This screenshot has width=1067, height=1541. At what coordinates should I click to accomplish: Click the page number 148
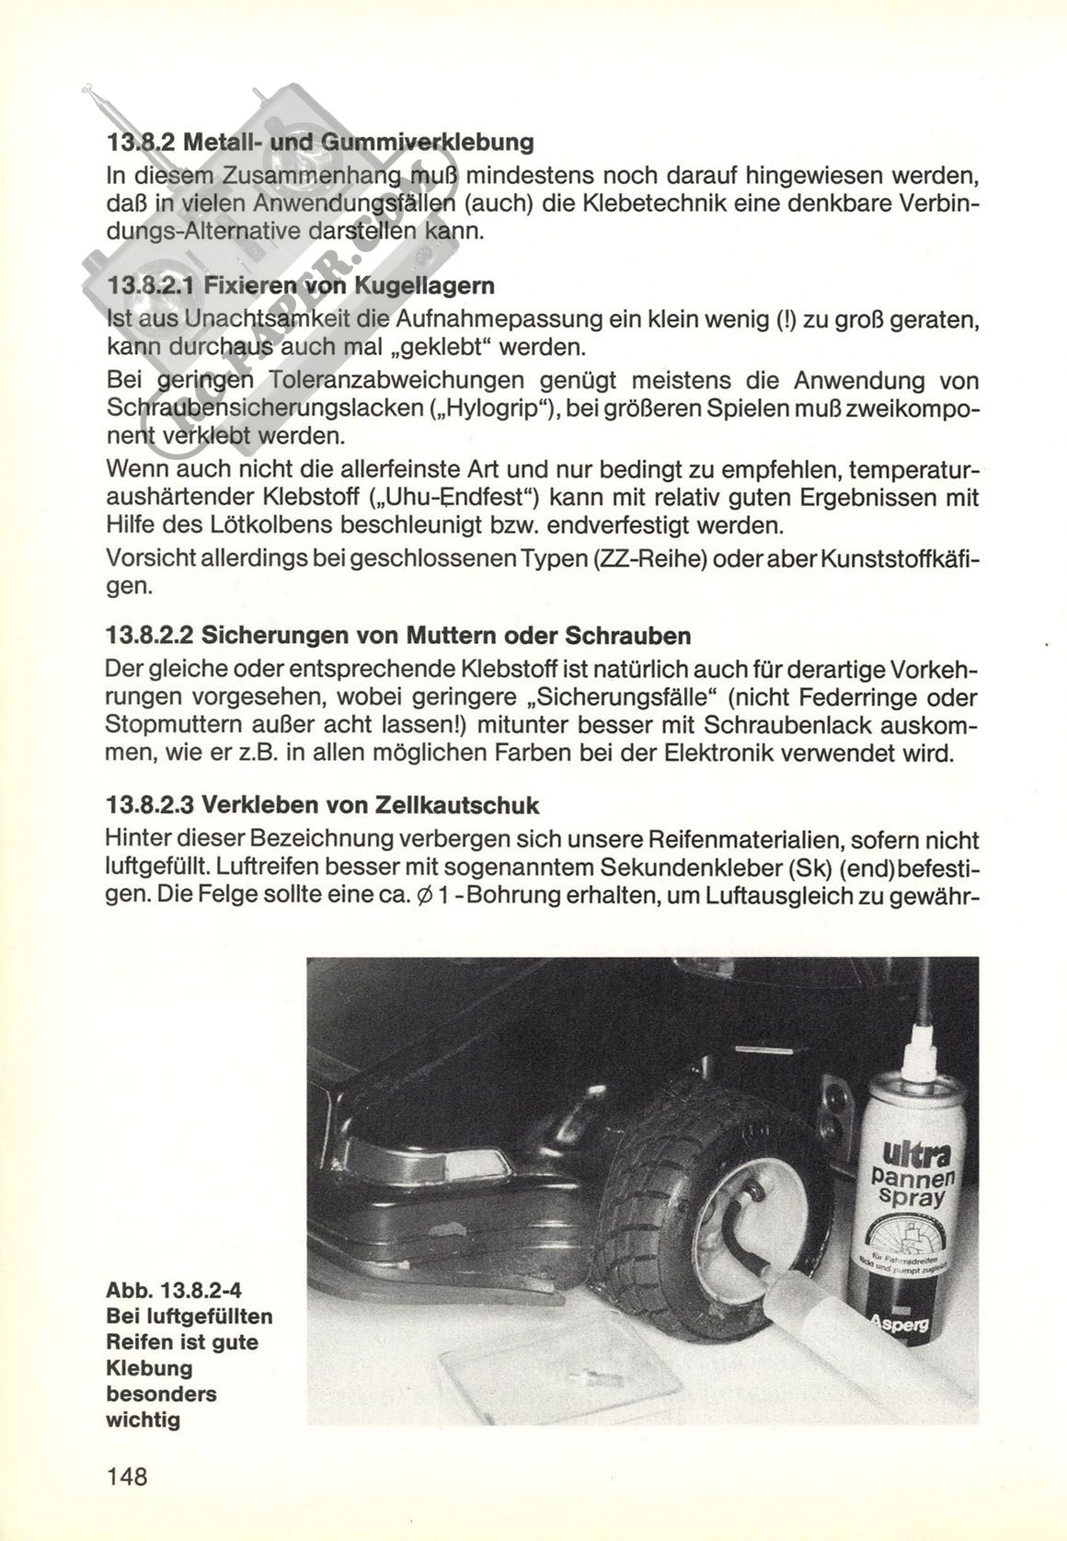127,1477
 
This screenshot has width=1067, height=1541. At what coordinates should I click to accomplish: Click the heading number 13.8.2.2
148,636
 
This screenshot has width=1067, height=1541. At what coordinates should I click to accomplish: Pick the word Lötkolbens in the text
292,527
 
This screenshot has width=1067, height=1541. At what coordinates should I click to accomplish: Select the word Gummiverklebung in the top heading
445,144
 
